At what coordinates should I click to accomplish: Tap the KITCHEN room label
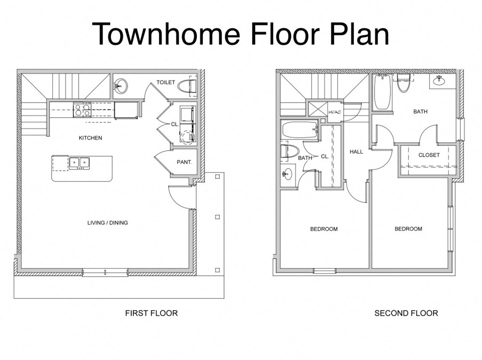(x=90, y=138)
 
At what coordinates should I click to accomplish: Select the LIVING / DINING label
(x=107, y=223)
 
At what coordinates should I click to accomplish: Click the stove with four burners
(x=82, y=110)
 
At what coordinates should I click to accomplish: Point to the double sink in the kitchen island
(x=79, y=163)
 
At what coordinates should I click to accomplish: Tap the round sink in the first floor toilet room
(x=120, y=86)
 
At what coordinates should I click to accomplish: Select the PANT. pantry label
(x=184, y=162)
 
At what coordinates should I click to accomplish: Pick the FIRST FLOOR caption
(x=151, y=313)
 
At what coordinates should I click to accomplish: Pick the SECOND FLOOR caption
(x=406, y=313)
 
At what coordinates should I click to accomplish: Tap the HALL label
(x=356, y=152)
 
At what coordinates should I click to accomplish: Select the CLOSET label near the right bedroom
(x=429, y=155)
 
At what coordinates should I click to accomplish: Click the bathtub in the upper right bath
(x=382, y=93)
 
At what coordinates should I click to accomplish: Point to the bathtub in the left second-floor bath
(x=299, y=129)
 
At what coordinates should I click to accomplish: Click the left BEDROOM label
(x=323, y=229)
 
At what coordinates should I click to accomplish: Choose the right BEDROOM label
(x=408, y=229)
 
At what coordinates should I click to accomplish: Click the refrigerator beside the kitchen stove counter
(x=126, y=110)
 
